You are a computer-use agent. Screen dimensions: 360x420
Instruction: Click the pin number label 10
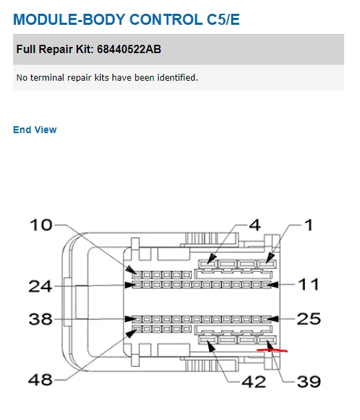pos(41,225)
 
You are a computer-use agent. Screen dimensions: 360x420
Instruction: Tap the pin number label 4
pos(254,225)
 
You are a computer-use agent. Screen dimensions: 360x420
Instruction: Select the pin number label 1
pos(309,225)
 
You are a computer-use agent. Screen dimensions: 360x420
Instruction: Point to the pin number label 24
pos(40,286)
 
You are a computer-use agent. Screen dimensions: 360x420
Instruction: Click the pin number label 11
pos(308,284)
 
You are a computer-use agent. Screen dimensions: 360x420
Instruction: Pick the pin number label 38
pos(41,319)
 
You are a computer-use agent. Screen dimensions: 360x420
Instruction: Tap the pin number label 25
pos(309,319)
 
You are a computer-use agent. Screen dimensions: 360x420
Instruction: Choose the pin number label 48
pos(40,379)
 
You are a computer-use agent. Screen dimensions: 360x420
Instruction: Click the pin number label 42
pos(254,381)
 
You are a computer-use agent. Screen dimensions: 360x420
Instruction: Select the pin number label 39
pos(309,381)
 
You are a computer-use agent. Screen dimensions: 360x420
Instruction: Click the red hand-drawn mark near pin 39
pos(272,350)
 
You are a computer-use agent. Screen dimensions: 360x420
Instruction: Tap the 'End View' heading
pos(34,130)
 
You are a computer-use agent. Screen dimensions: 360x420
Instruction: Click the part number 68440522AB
pos(129,49)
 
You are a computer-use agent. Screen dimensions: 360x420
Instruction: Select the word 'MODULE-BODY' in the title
pos(70,19)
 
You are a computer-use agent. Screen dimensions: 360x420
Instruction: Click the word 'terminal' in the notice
pos(47,78)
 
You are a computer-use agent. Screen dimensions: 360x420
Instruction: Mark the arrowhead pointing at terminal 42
pos(212,347)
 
